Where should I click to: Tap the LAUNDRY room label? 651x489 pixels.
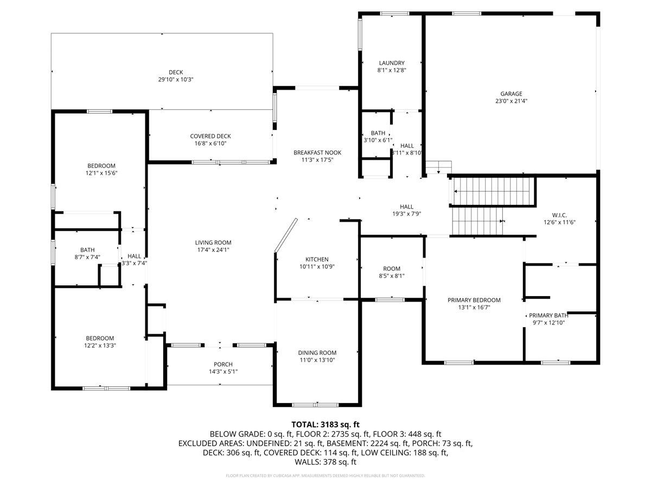(x=391, y=63)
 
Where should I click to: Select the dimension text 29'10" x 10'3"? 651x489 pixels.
(x=175, y=79)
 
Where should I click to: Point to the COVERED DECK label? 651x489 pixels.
(x=210, y=136)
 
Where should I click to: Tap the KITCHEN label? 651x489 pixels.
(x=317, y=260)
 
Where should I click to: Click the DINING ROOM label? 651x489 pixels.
(x=317, y=353)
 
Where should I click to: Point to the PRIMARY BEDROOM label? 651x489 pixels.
(x=474, y=300)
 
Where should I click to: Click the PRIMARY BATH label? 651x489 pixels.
(x=548, y=315)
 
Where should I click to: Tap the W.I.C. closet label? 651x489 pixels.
(x=559, y=215)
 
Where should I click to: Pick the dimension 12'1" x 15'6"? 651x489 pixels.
(x=101, y=173)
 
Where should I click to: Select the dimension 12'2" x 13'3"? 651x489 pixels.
(x=100, y=345)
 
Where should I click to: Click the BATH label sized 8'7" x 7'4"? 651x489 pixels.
(x=87, y=250)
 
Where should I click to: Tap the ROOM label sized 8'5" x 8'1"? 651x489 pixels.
(x=391, y=268)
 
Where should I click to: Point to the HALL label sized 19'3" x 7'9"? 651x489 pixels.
(x=406, y=206)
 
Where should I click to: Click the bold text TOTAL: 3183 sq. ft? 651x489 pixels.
(x=325, y=424)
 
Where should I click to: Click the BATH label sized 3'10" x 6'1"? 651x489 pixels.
(x=378, y=133)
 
